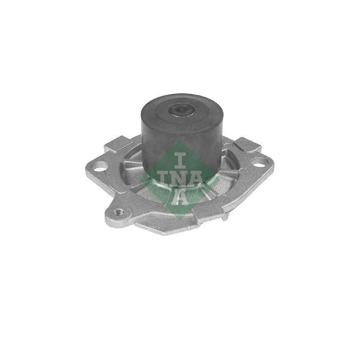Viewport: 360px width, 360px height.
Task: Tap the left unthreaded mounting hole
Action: coord(101,166)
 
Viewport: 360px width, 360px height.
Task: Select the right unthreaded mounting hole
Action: coord(259,162)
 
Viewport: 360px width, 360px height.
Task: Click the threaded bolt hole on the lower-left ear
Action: coord(118,212)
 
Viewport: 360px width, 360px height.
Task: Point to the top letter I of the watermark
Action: coord(180,159)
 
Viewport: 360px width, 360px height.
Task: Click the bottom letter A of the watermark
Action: coord(180,197)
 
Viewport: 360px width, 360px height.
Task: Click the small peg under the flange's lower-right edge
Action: coord(226,217)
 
